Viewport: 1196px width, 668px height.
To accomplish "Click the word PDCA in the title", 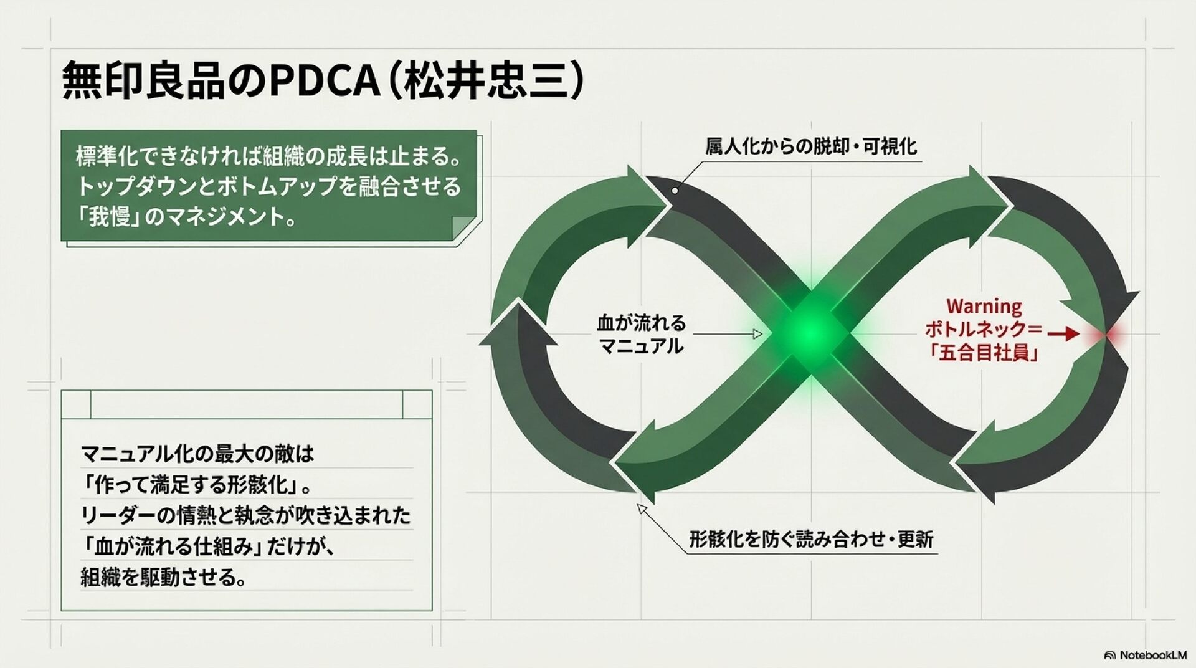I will click(325, 81).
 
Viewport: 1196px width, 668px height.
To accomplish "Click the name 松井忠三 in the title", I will click(486, 81).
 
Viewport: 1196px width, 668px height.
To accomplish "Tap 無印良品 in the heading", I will click(143, 81).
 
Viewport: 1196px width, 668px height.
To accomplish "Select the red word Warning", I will click(984, 307).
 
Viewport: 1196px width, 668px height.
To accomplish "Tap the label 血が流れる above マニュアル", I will click(641, 323).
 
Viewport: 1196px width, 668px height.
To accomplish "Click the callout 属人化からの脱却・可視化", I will click(810, 146).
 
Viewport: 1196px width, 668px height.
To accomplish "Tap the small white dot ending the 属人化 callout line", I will click(675, 191).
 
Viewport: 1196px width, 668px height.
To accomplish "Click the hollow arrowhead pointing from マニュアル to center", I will click(757, 334).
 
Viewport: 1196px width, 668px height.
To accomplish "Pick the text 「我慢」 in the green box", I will click(110, 217).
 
